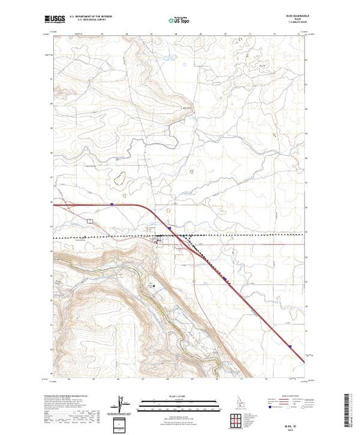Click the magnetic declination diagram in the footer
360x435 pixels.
123,402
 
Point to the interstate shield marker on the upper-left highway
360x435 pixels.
111,204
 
